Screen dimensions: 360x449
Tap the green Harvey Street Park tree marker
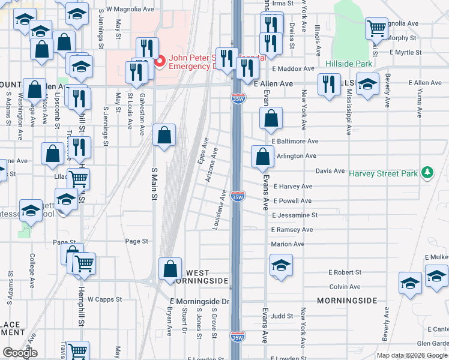(x=427, y=173)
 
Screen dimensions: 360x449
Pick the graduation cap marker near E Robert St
(x=280, y=265)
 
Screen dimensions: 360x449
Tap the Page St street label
(x=136, y=241)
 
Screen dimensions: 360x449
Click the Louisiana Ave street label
(x=219, y=210)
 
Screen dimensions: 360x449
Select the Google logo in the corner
(x=20, y=353)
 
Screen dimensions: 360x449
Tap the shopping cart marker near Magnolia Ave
(x=376, y=27)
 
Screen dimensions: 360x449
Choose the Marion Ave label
(x=288, y=244)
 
